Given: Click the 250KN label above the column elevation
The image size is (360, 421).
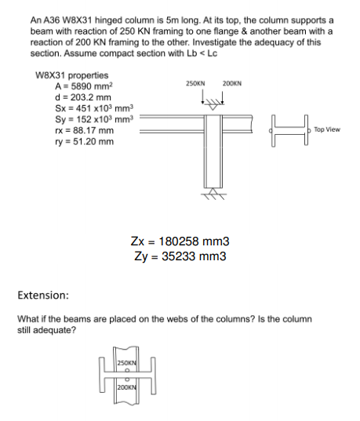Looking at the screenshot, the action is click(195, 83).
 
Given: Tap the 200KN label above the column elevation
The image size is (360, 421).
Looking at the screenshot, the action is click(232, 83).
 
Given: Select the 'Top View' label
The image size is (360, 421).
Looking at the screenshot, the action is click(327, 129).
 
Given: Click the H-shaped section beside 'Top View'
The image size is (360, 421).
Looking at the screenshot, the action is click(289, 129).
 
